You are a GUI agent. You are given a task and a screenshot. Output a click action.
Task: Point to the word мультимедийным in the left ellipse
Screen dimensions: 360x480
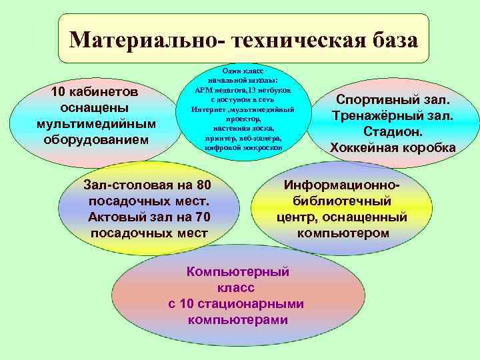pyautogui.click(x=97, y=123)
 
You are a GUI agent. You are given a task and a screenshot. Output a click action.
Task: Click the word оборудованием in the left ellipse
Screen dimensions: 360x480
pyautogui.click(x=97, y=139)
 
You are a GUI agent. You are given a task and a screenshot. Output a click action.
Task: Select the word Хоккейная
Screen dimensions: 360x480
pyautogui.click(x=366, y=147)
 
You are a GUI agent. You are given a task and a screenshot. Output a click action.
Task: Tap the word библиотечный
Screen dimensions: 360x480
pyautogui.click(x=342, y=201)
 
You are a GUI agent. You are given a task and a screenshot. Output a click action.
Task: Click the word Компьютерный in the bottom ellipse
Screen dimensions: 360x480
pyautogui.click(x=238, y=272)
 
